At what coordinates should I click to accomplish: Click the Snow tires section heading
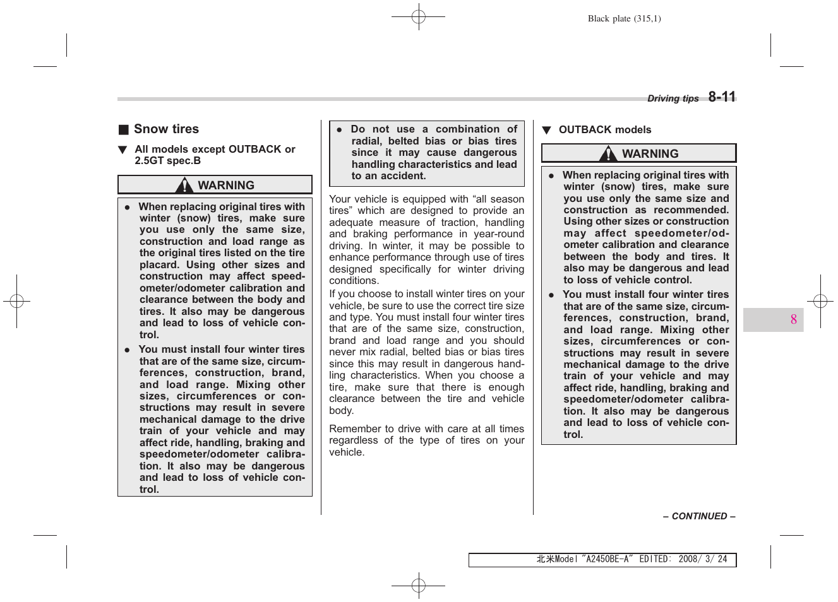pos(166,129)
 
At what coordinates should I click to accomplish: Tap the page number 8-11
pos(722,97)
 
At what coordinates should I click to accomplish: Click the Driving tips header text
pos(673,98)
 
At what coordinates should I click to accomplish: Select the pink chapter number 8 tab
pos(793,320)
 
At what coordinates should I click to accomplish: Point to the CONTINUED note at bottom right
pos(699,516)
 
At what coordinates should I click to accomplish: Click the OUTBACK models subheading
pos(604,130)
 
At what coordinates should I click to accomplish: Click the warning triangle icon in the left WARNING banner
pos(184,186)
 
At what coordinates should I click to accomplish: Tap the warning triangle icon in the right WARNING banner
pos(608,154)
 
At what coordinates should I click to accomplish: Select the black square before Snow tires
pos(124,130)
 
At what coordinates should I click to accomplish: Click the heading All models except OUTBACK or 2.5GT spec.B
pos(214,155)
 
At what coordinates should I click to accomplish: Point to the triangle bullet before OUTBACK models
pos(546,131)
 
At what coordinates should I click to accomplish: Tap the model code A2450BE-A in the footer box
pos(608,559)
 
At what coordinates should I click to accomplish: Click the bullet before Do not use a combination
pos(339,129)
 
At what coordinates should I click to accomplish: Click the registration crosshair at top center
pos(419,17)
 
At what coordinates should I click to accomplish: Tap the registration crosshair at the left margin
pos(17,302)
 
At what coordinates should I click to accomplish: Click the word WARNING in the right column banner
pos(650,154)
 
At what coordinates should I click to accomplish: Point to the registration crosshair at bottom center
pos(419,586)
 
